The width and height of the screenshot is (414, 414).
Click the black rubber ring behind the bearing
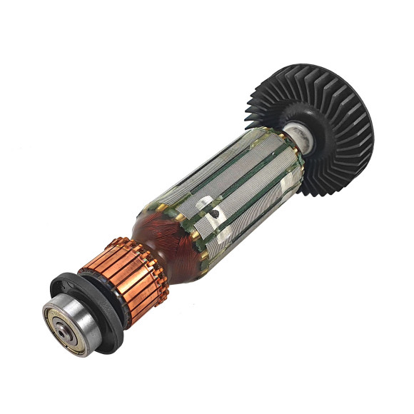(107, 335)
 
